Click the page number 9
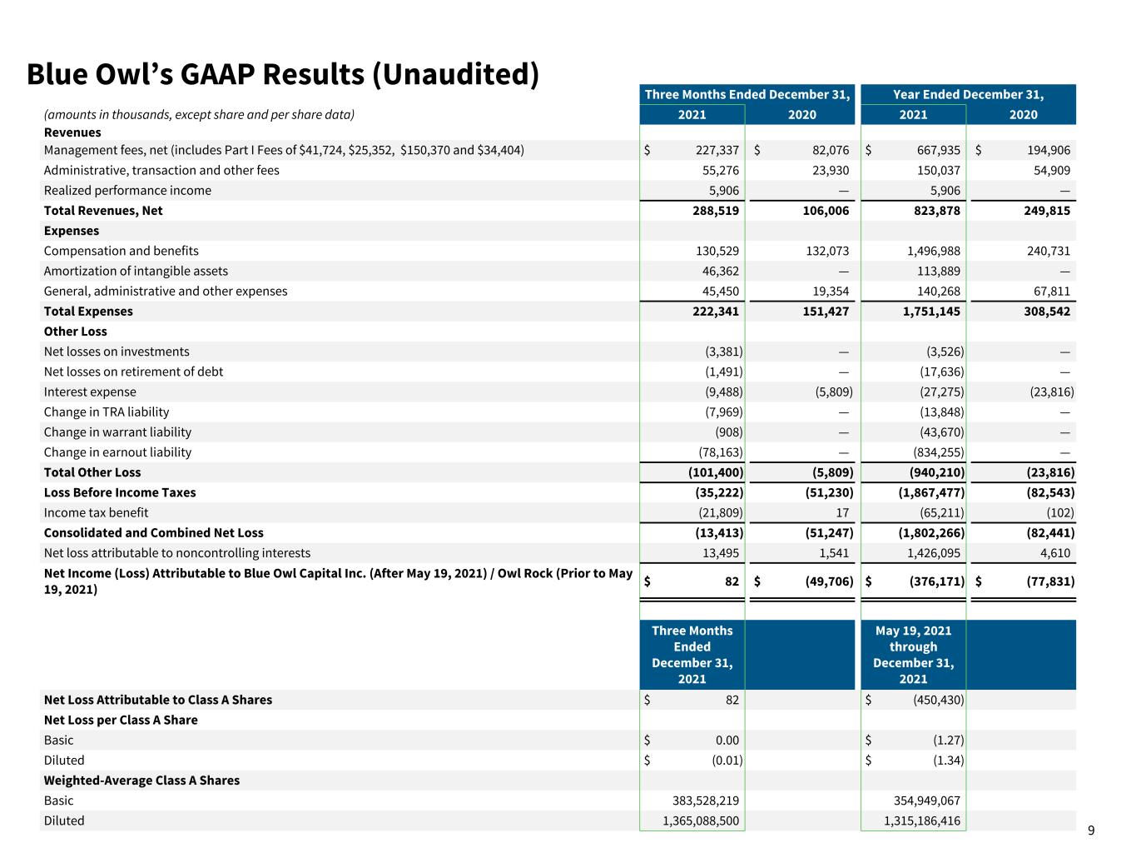[x=1090, y=831]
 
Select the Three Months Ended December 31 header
[x=747, y=94]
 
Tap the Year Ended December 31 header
[x=968, y=94]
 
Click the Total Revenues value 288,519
[x=716, y=211]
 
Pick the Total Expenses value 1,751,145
[x=931, y=312]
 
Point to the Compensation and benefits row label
[x=122, y=252]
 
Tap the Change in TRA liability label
[x=107, y=412]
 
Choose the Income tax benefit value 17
[x=842, y=513]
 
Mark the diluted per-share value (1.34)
[x=948, y=761]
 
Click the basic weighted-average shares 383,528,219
[x=706, y=801]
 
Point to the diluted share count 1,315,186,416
[x=922, y=821]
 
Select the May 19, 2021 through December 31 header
[x=913, y=655]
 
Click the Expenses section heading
[x=72, y=231]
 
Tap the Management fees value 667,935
[x=938, y=150]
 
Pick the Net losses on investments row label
[x=117, y=352]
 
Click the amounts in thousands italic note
[x=199, y=114]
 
